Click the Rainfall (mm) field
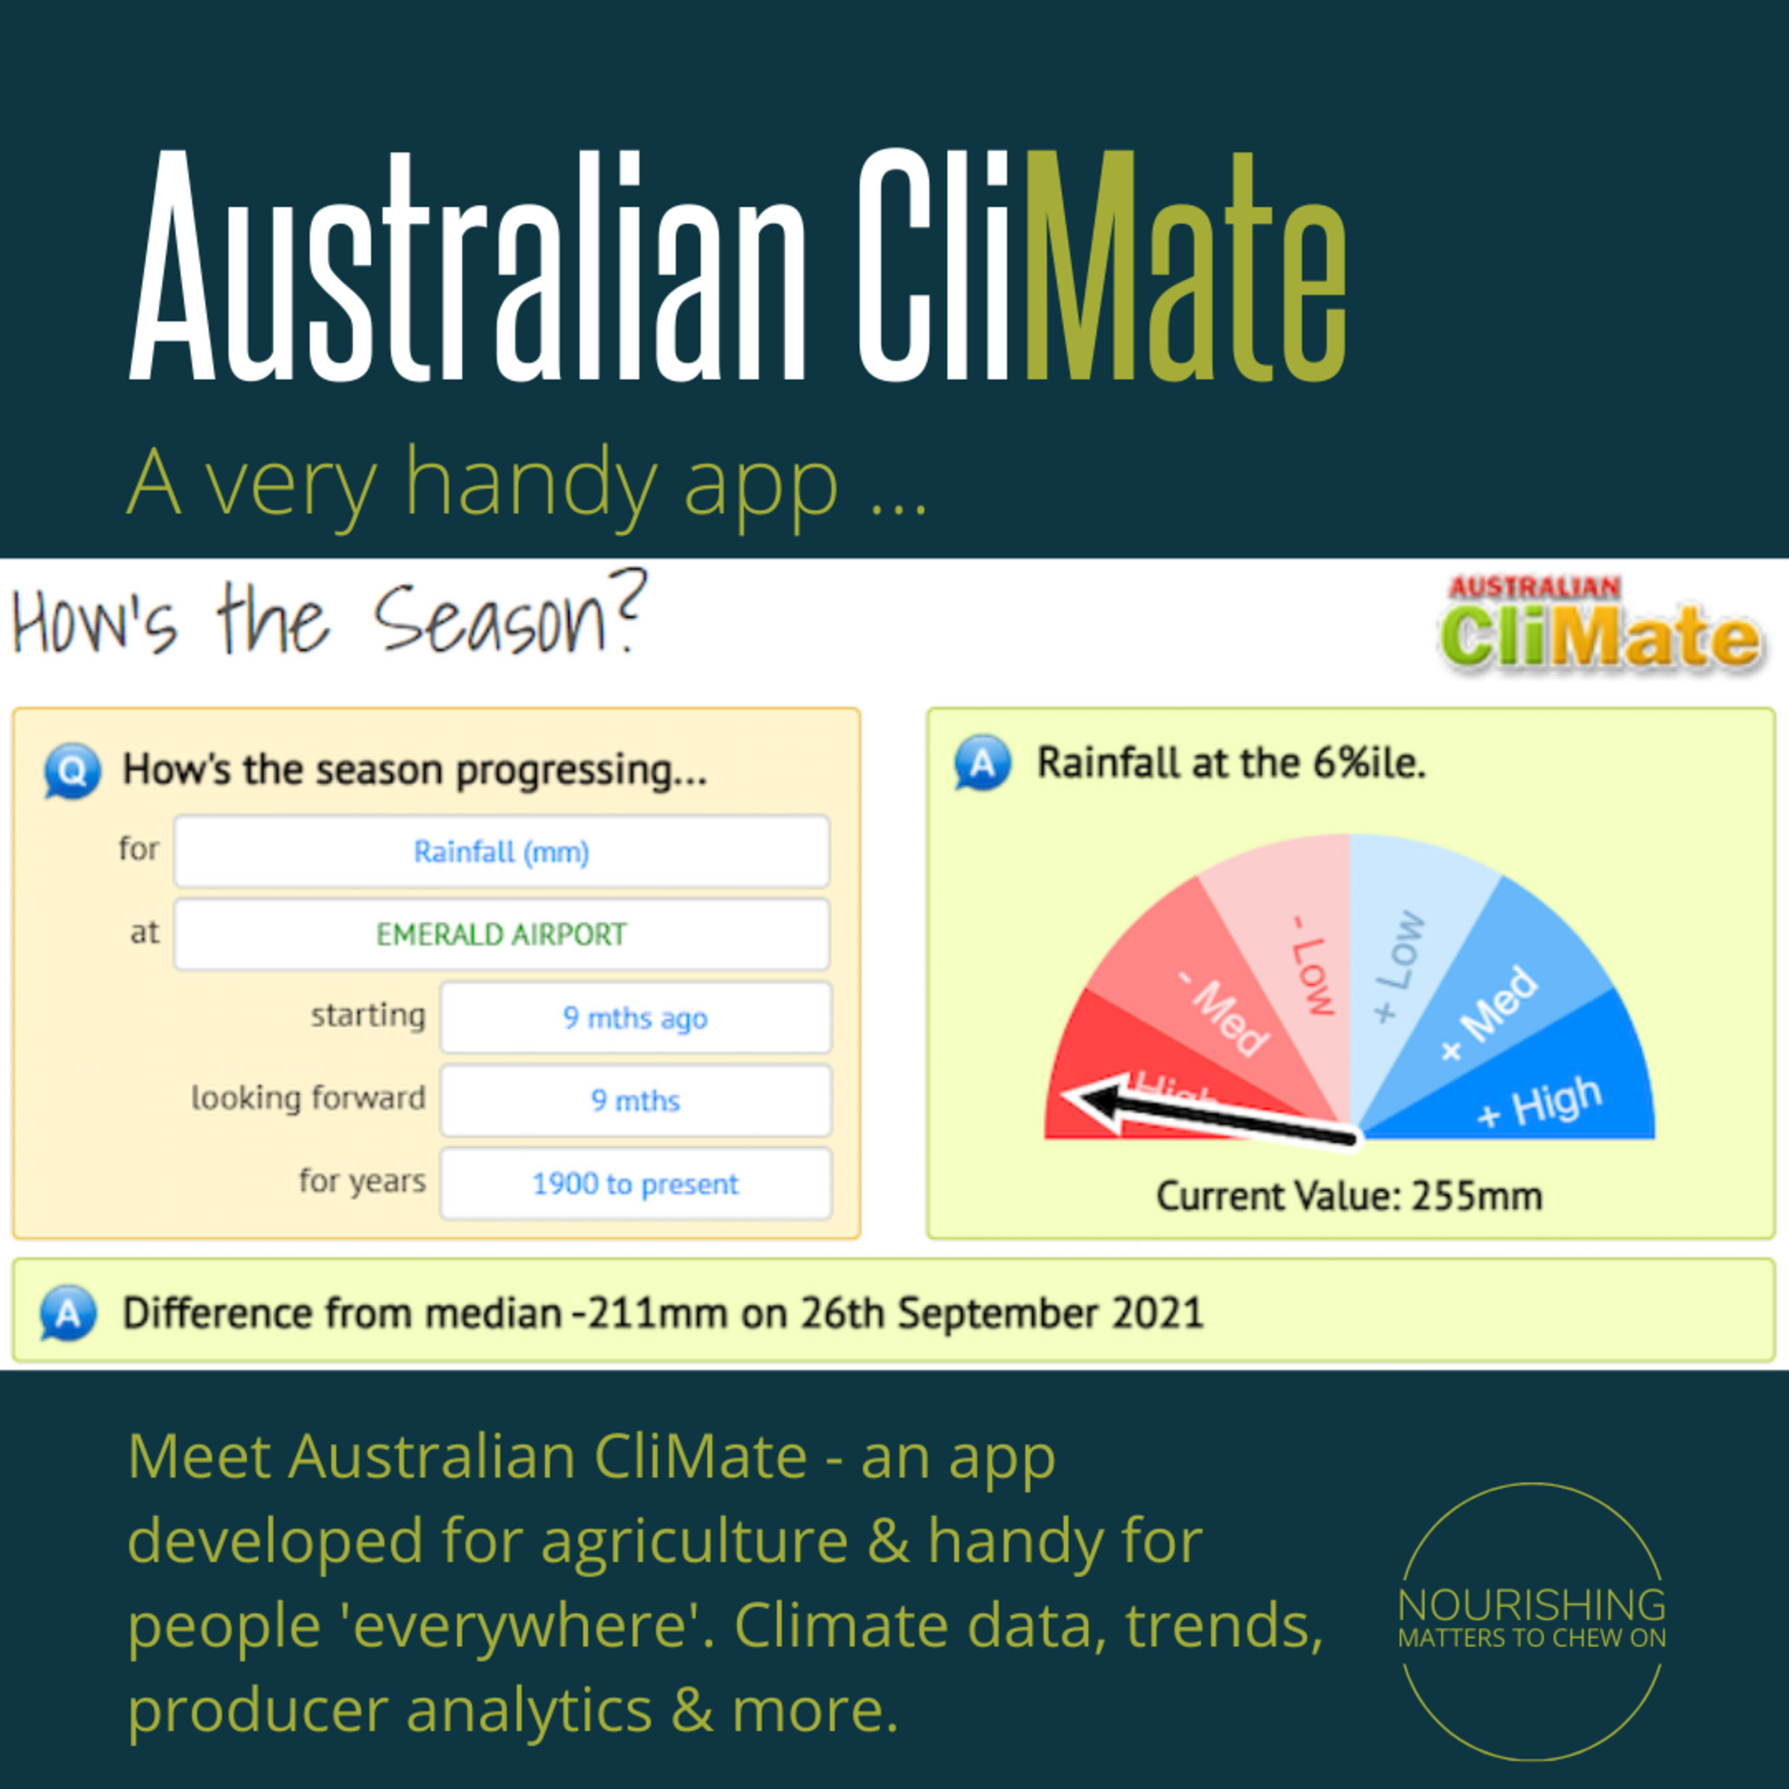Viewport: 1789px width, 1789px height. tap(501, 851)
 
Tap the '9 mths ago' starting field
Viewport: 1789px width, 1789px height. tap(635, 1018)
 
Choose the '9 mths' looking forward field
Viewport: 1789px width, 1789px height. tap(635, 1100)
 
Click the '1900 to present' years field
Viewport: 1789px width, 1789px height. tap(635, 1183)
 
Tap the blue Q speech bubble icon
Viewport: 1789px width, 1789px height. tap(72, 770)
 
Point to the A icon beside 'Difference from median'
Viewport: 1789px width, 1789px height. tap(67, 1313)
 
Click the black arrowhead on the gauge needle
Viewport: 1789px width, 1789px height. tap(1092, 1102)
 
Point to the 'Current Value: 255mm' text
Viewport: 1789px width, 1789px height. tap(1349, 1196)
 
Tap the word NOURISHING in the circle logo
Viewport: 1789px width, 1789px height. tap(1531, 1605)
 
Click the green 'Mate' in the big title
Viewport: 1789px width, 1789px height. tap(1186, 266)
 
